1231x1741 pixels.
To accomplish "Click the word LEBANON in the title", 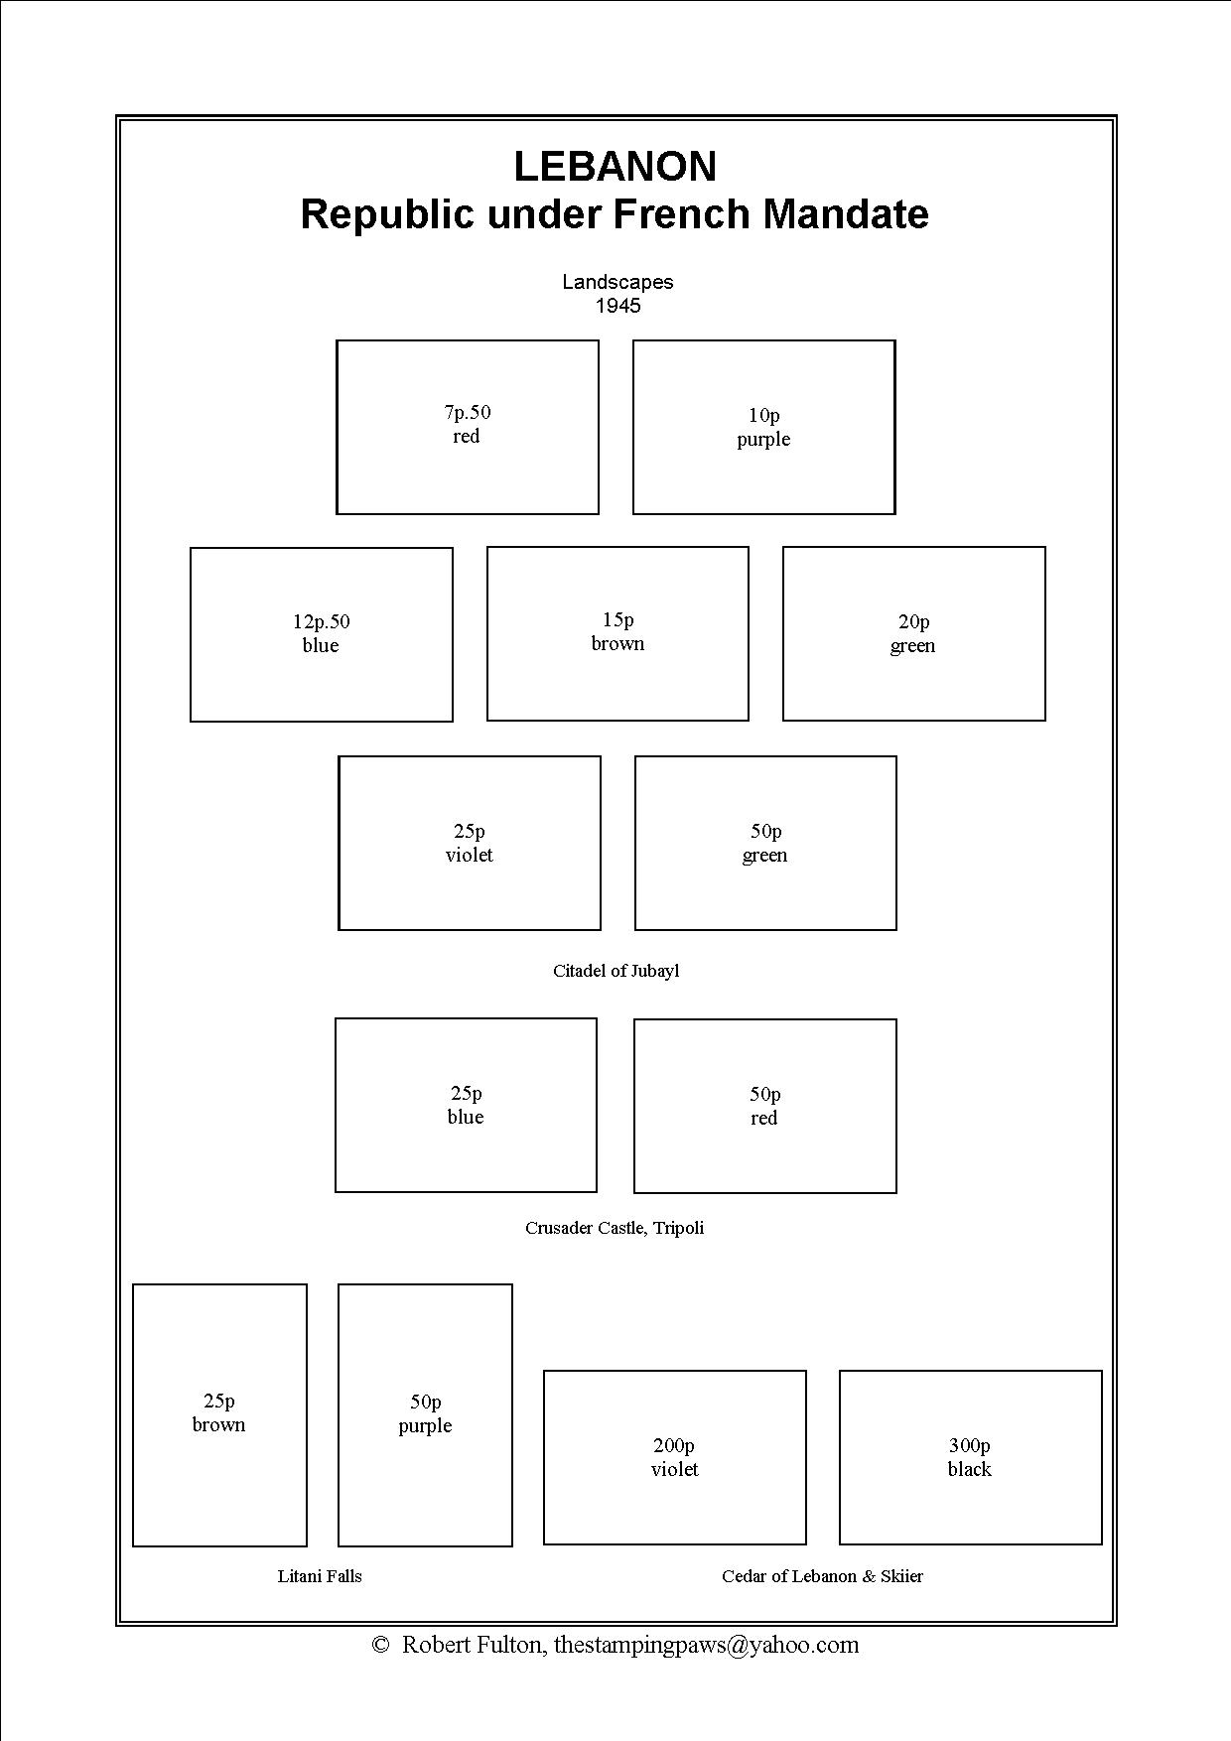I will pos(615,167).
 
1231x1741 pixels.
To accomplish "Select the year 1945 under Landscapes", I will pos(617,306).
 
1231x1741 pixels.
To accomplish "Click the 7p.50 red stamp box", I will pos(468,428).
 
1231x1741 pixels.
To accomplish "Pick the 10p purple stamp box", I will pos(763,428).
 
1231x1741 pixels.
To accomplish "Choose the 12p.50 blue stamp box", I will pos(321,634).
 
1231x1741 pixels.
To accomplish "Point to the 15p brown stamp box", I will pos(617,633).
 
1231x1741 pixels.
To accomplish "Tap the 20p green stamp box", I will pos(913,633).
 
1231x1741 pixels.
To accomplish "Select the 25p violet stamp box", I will pos(470,844).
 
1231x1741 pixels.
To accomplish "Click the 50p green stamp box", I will pos(765,844).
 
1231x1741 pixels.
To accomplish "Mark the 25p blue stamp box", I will pos(466,1105).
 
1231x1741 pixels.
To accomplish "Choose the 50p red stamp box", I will pos(764,1106).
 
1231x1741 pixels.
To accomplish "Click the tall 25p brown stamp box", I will pos(219,1414).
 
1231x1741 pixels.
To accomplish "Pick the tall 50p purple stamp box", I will pos(425,1414).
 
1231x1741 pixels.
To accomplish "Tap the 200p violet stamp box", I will pos(674,1457).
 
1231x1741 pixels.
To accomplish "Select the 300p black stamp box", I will pos(970,1457).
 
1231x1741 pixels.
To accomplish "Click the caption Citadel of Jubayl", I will pos(615,971).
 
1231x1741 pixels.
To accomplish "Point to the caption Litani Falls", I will pos(320,1576).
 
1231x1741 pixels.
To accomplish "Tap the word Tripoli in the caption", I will pos(679,1228).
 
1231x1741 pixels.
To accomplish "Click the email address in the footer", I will pos(706,1645).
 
